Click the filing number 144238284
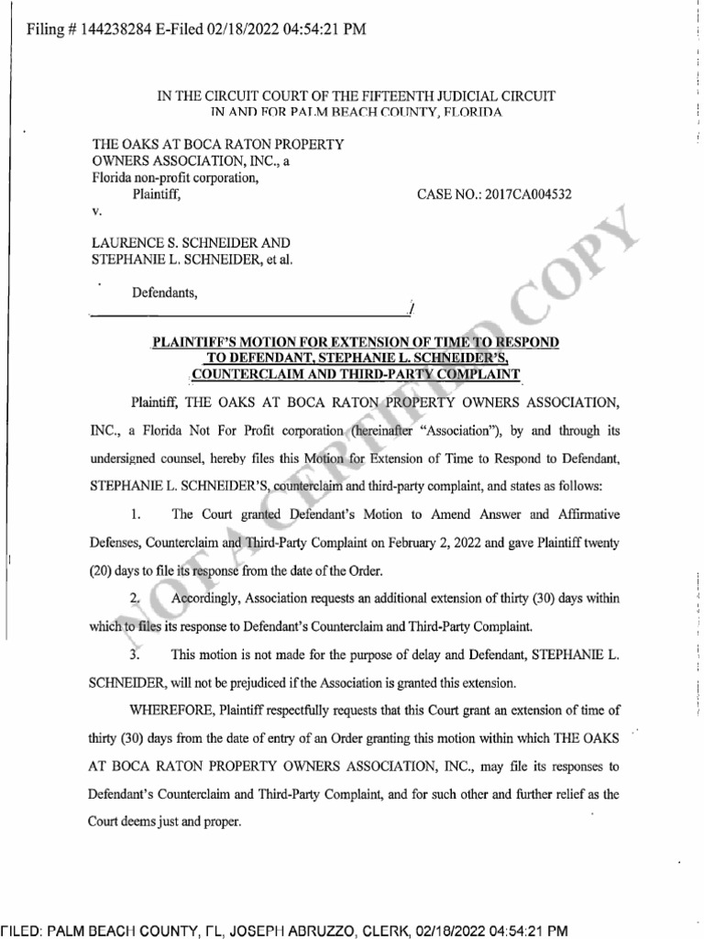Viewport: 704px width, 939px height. click(121, 29)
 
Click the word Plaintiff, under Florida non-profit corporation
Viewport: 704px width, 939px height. click(158, 194)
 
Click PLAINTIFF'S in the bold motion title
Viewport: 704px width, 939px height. click(194, 342)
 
